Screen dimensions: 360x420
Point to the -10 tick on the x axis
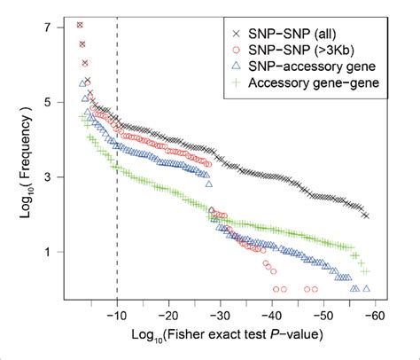pos(117,313)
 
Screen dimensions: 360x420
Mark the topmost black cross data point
pos(81,25)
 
